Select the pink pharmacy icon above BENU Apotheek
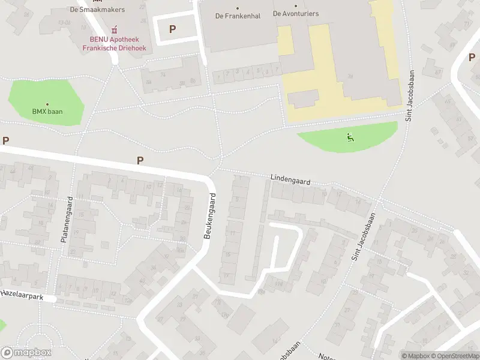click(114, 29)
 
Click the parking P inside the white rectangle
click(173, 28)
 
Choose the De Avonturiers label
click(296, 13)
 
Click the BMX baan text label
click(47, 112)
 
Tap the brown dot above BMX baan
click(47, 104)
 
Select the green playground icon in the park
click(349, 137)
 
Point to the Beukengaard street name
click(210, 216)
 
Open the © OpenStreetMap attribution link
click(455, 356)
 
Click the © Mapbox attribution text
click(415, 356)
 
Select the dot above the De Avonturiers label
click(296, 5)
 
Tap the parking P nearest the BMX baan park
click(6, 140)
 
